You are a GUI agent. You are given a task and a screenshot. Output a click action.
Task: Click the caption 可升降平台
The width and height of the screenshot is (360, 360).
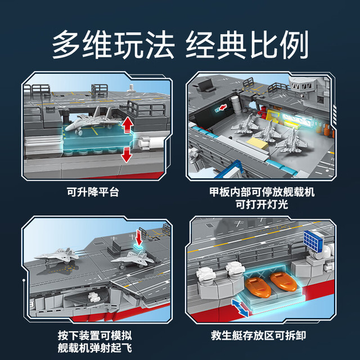coord(93,192)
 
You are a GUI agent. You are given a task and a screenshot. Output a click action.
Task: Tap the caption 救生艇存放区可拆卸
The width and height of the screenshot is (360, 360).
coord(258,335)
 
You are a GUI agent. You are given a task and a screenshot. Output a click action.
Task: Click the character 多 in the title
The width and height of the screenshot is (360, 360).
coord(66,44)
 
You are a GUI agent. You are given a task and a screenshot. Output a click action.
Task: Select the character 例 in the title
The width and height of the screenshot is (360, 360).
coord(294,44)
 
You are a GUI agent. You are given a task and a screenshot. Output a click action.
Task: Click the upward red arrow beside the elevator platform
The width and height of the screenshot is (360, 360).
coord(128,125)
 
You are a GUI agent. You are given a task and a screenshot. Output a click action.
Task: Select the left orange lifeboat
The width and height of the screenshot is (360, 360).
coord(258,287)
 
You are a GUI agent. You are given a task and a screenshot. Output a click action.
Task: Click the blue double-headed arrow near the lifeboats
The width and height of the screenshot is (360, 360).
coord(240,308)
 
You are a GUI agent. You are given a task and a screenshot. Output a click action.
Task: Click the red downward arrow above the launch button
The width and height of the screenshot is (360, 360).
coord(139,237)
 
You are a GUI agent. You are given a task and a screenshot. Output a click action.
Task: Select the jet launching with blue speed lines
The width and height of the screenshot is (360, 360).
coord(57,255)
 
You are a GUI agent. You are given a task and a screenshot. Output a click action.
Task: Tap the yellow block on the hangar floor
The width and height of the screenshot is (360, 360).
coord(258,143)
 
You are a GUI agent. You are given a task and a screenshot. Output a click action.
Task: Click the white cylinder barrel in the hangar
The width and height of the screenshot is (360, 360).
coord(236,105)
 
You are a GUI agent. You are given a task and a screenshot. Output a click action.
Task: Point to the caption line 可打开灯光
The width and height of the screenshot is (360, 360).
coord(262,204)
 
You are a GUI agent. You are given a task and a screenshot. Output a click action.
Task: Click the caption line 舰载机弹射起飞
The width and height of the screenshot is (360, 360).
coord(95,348)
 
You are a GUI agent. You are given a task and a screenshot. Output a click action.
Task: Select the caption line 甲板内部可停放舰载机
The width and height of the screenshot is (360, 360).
coord(262,192)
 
